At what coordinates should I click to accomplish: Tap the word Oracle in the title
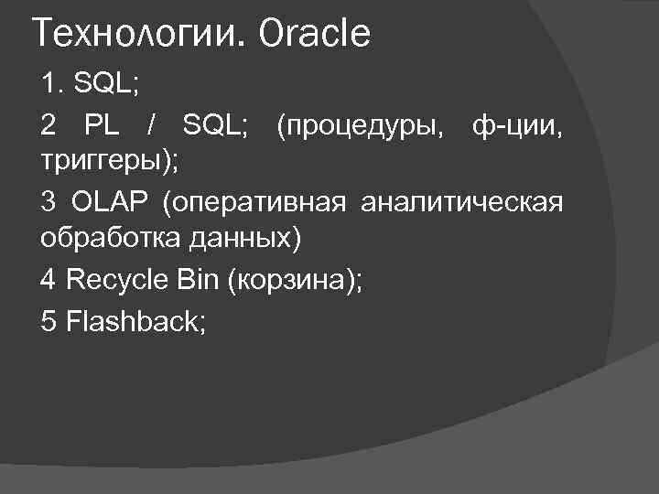click(315, 35)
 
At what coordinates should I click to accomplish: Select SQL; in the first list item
click(106, 84)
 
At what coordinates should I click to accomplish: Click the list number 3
click(49, 201)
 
